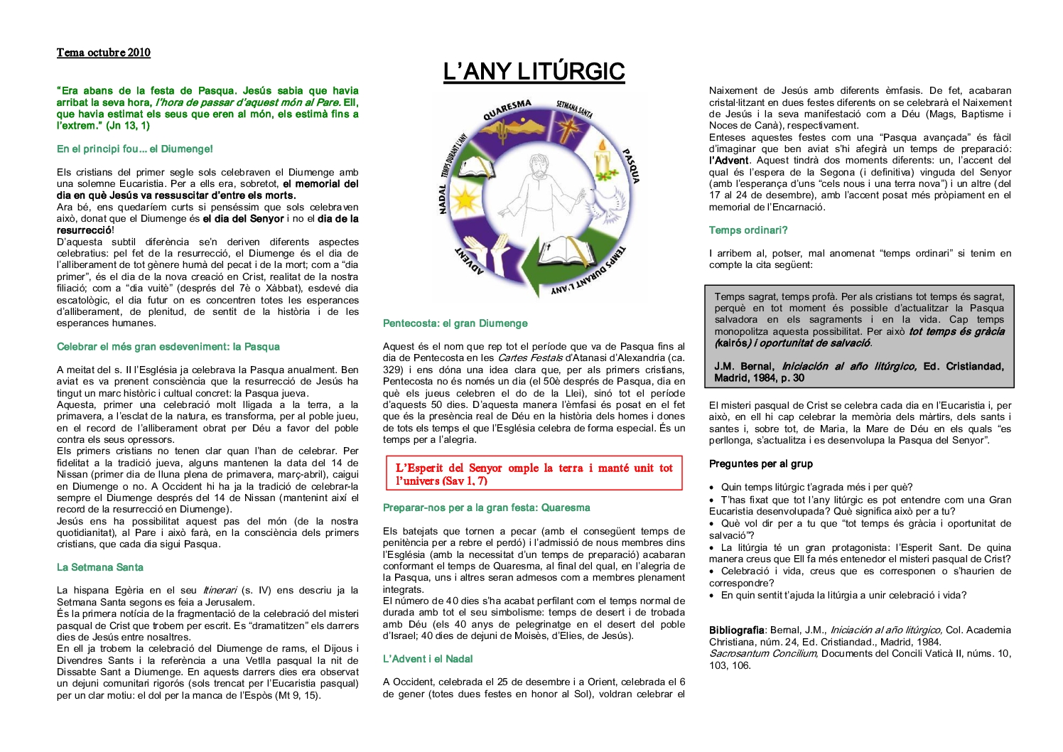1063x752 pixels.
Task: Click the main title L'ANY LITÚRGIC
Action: [x=534, y=72]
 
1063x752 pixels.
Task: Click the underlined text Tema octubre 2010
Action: [x=104, y=53]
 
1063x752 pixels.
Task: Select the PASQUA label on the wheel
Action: [x=631, y=166]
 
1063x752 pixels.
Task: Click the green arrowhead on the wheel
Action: [x=525, y=271]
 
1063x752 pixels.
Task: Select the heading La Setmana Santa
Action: [x=100, y=567]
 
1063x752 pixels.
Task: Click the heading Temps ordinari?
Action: [x=748, y=230]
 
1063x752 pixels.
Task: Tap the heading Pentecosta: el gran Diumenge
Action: [x=455, y=323]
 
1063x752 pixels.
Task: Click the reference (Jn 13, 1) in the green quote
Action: [x=128, y=126]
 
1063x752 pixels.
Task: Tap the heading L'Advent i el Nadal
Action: [x=428, y=659]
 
